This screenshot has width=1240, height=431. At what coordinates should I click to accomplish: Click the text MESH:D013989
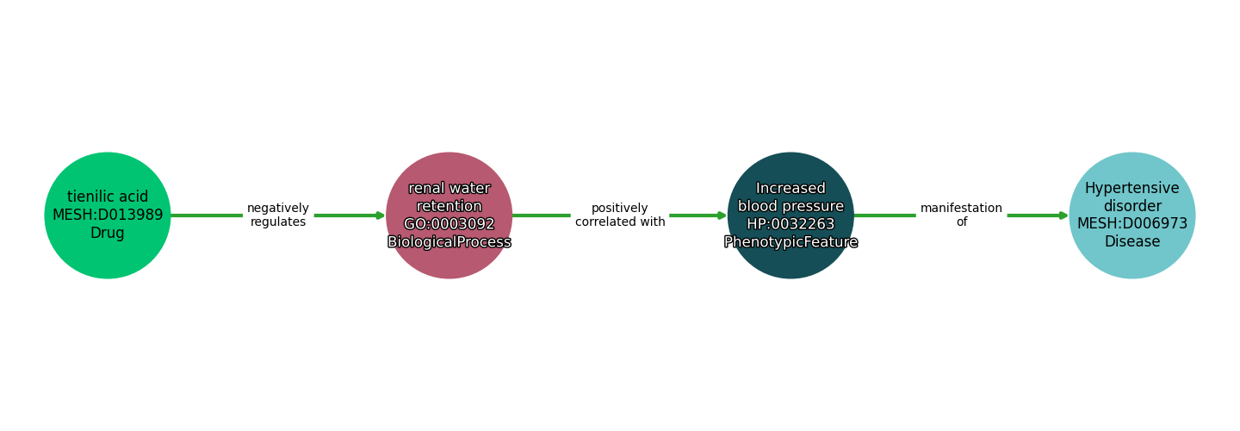point(108,215)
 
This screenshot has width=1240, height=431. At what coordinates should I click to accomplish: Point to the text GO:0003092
point(449,224)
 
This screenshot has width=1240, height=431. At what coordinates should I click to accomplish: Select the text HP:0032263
point(790,224)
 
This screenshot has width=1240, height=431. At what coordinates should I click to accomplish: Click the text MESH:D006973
point(1131,224)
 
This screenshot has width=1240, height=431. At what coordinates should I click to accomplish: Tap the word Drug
point(108,234)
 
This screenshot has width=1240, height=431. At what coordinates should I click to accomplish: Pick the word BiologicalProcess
point(449,242)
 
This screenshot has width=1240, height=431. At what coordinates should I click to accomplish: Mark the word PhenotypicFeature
point(790,242)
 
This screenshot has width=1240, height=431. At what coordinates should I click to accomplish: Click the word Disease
point(1131,242)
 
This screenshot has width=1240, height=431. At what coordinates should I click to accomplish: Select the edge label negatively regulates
point(278,215)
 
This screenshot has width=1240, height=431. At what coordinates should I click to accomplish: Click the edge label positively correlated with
point(620,215)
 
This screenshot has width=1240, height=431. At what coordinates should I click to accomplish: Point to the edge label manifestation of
point(961,215)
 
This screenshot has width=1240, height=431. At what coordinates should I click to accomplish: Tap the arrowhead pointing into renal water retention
point(380,215)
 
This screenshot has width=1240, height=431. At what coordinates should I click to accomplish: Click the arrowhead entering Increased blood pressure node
point(722,215)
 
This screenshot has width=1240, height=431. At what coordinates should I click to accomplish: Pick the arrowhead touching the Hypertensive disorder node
point(1063,215)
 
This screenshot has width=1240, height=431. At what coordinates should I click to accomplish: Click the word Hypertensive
point(1131,188)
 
